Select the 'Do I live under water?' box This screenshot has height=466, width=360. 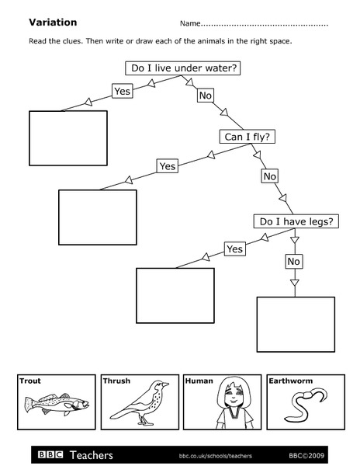185,68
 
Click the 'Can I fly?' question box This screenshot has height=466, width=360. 251,137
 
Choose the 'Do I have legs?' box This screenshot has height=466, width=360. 297,221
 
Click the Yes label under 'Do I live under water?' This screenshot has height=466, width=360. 122,92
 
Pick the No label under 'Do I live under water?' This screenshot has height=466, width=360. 205,96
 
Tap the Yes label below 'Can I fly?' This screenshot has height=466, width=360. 167,165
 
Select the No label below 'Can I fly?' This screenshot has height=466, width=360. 269,176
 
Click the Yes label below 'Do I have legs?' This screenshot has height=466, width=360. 235,249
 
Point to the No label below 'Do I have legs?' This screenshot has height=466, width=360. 293,262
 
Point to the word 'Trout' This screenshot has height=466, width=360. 29,381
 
